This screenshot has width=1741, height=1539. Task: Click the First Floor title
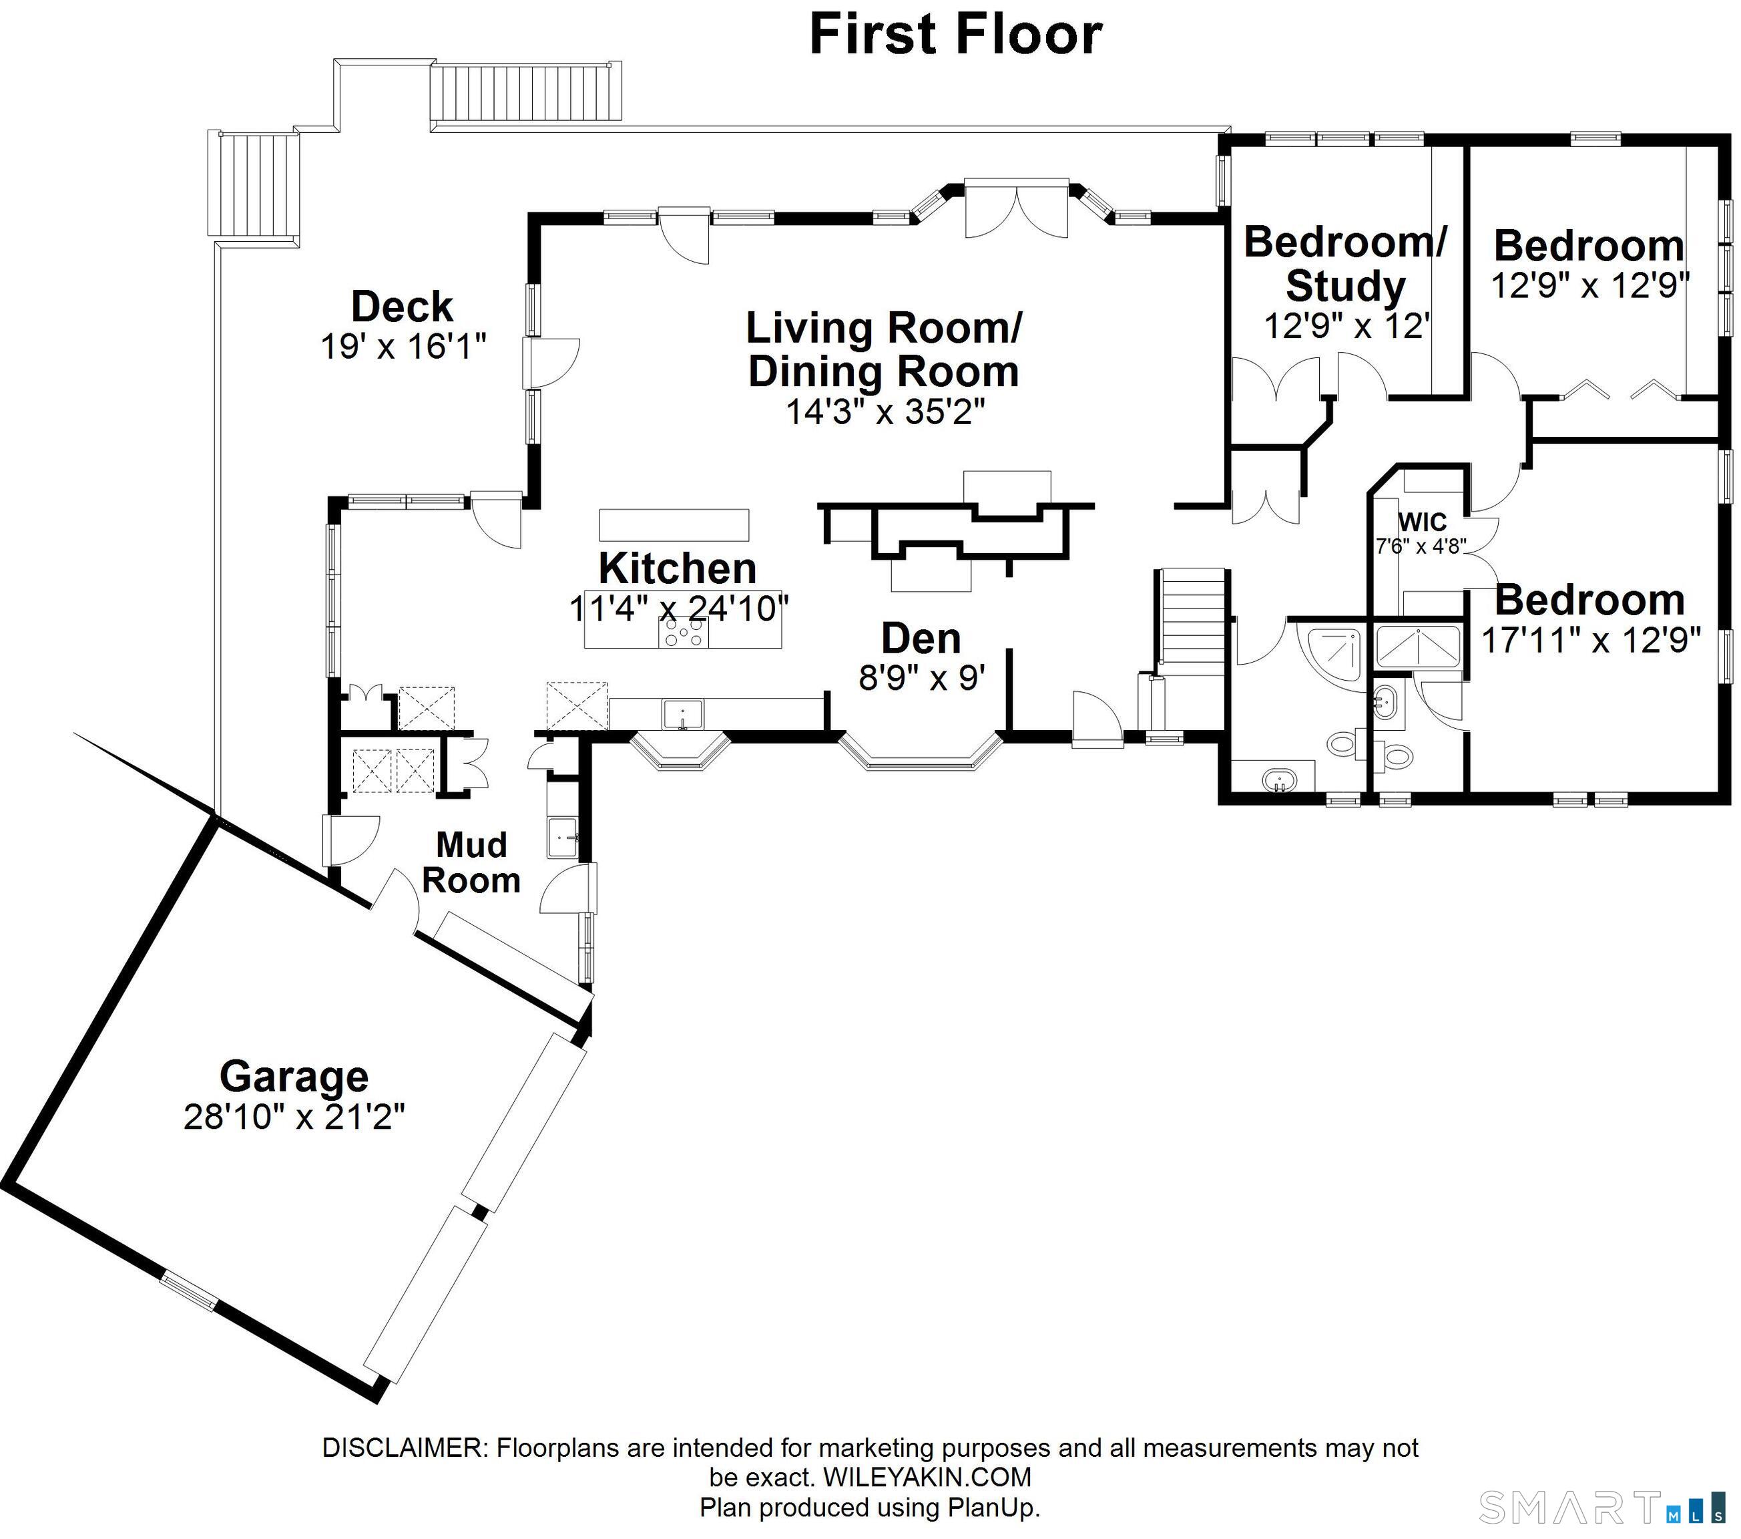956,34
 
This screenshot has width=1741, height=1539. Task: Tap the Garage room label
294,1076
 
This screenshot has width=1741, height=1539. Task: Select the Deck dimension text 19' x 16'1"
403,347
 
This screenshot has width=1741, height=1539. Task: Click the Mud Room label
471,862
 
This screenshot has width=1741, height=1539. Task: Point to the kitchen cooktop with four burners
683,633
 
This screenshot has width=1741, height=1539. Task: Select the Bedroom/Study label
1345,263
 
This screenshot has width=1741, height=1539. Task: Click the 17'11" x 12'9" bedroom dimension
1590,640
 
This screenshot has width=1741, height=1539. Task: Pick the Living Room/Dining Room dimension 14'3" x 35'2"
885,411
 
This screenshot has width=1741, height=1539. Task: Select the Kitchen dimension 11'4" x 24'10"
679,609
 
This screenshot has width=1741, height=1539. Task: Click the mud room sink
563,838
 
